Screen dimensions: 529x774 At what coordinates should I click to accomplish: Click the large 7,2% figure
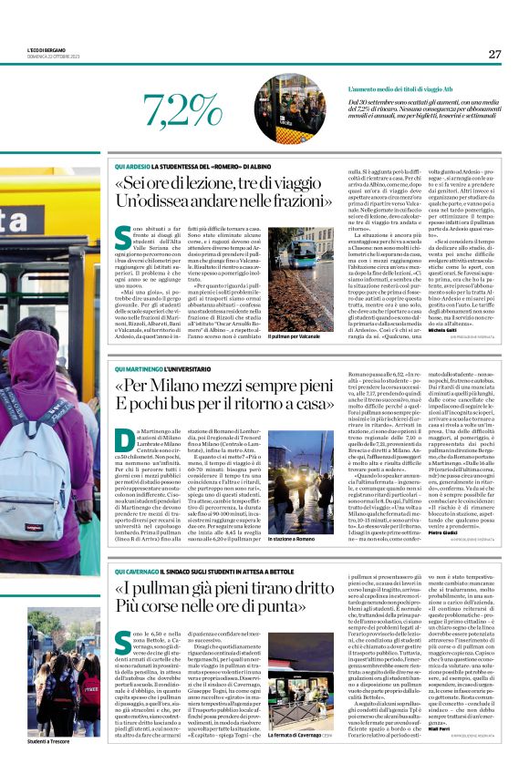click(183, 112)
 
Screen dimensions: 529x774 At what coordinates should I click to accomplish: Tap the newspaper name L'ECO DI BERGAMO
click(42, 50)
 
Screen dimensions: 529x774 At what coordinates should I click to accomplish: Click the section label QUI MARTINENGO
click(140, 367)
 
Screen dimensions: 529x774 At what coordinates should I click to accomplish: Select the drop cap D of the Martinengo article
click(124, 440)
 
